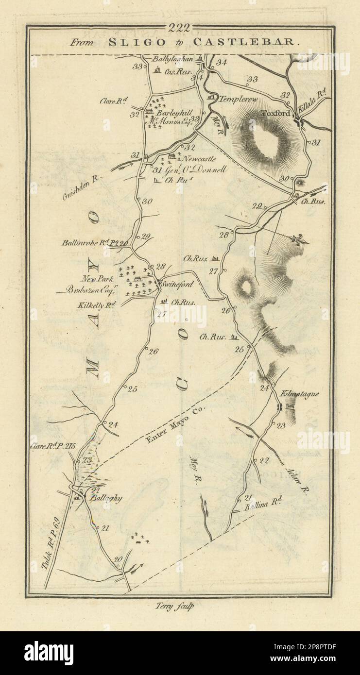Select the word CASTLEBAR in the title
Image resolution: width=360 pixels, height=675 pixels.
coord(243,42)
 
